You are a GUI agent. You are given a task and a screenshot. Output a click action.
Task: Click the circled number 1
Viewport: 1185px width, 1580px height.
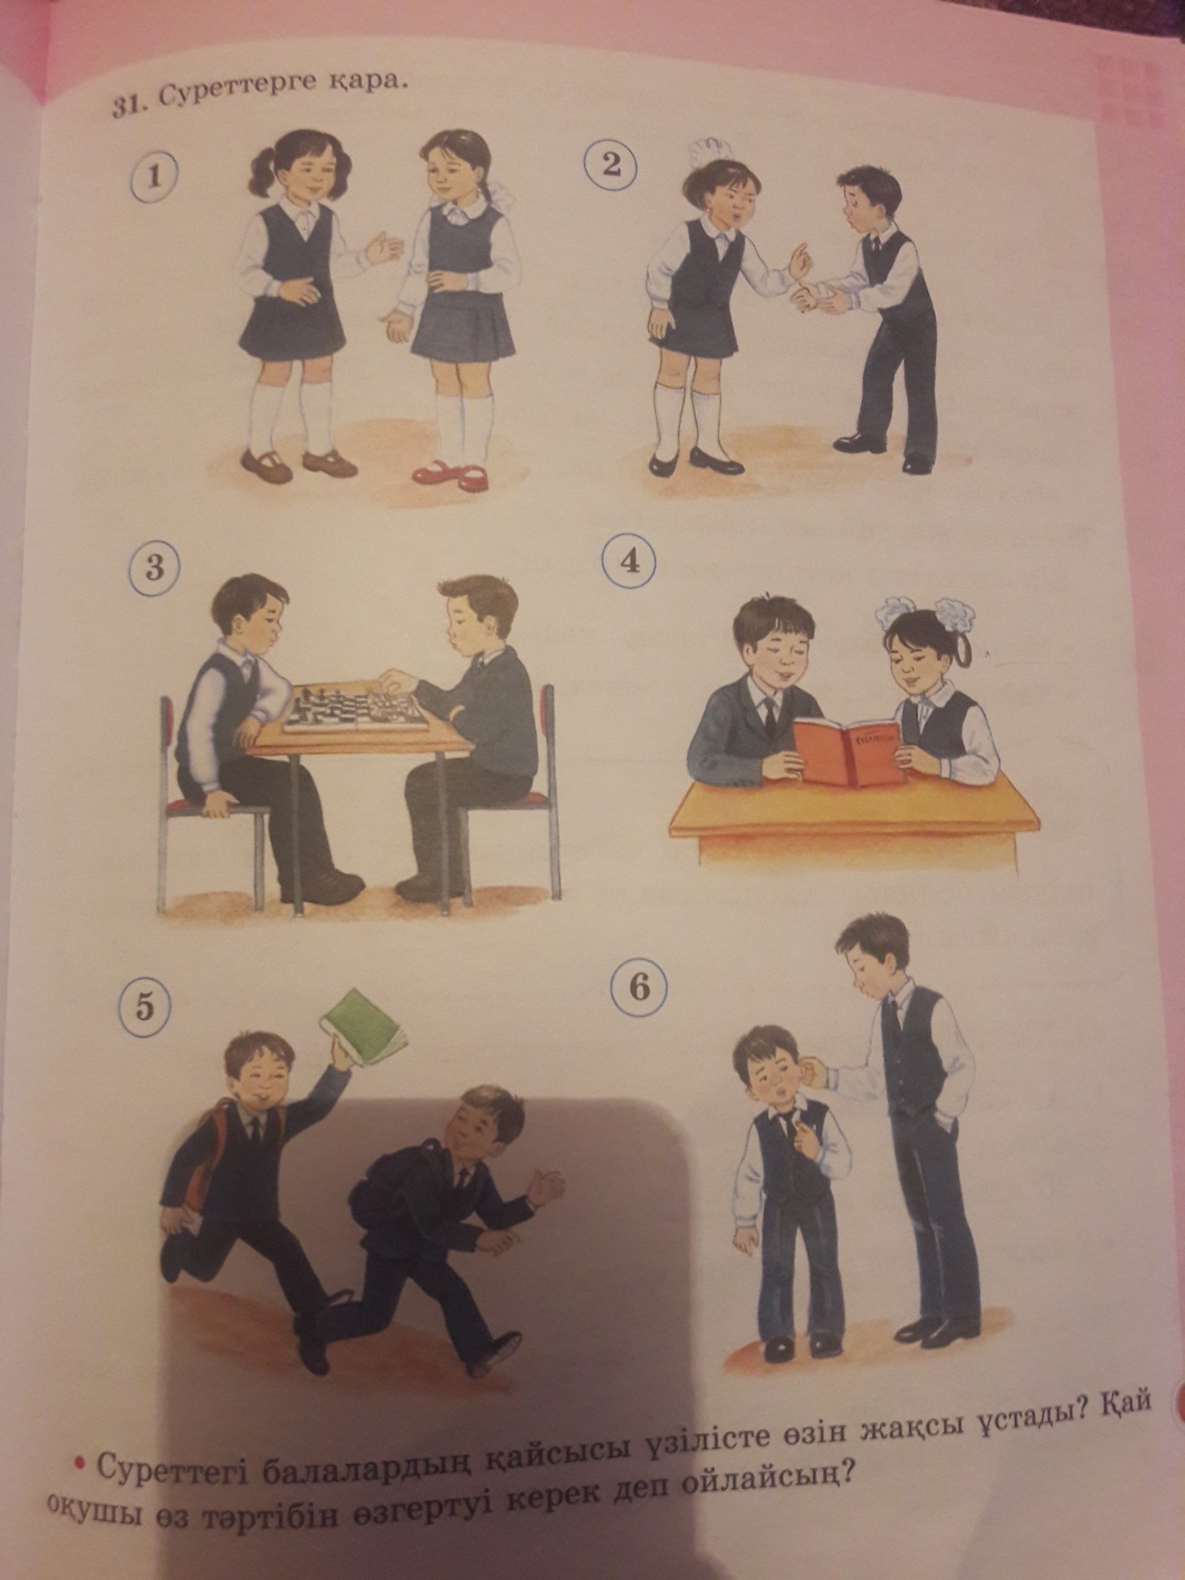pos(155,177)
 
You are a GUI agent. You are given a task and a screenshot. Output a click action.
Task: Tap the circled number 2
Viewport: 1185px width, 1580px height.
pos(610,164)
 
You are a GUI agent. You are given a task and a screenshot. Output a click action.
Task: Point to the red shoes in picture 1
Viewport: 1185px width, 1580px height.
pos(450,473)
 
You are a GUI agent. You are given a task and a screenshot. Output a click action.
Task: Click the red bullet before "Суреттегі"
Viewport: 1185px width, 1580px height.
pos(77,1464)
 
